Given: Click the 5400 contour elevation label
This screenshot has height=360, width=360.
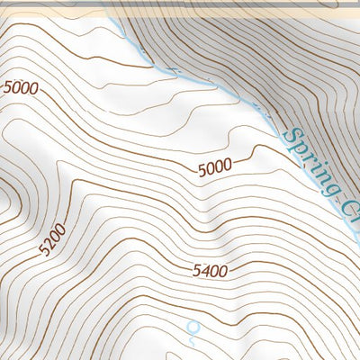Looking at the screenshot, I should [x=209, y=271].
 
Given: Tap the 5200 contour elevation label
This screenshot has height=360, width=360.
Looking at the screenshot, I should [x=53, y=241].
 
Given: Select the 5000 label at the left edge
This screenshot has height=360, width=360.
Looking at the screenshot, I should [x=21, y=87].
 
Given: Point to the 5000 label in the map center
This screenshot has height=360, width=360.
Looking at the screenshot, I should [x=214, y=166].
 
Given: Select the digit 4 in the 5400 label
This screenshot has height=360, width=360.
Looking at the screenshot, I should [x=204, y=271].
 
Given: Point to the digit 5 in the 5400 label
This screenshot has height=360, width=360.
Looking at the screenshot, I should [x=195, y=271].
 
